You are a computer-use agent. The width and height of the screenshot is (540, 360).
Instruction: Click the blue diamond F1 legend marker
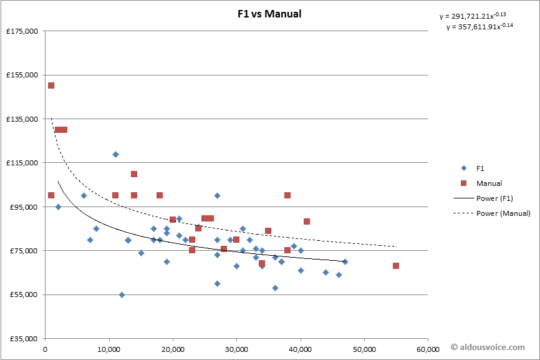[463, 168]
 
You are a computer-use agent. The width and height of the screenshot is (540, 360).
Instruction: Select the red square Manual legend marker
[463, 183]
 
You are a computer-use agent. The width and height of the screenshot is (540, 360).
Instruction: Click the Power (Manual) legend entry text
[503, 213]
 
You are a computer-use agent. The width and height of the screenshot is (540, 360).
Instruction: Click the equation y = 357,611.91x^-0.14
[480, 27]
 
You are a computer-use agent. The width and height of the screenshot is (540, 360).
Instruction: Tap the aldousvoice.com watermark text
[491, 346]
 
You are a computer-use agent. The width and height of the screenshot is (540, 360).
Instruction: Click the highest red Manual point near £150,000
[51, 85]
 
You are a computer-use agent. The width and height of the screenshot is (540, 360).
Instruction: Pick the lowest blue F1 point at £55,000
[122, 294]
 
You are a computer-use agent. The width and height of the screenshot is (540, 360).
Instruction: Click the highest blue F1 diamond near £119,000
[115, 154]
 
